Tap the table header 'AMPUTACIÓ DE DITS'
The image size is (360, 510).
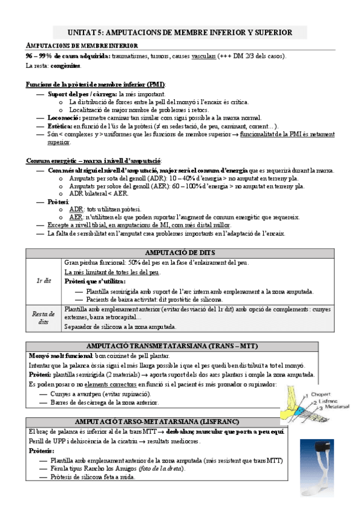[x=180, y=253]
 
